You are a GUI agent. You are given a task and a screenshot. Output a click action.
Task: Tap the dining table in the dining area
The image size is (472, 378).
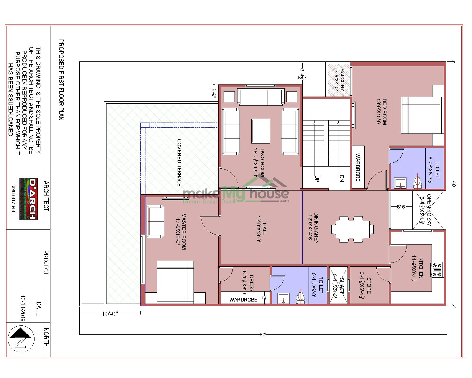coord(350,229)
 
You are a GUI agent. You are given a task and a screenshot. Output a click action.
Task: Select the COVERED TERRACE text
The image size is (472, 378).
coord(179,163)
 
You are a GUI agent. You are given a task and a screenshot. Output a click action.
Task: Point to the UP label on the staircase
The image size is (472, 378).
coord(317,178)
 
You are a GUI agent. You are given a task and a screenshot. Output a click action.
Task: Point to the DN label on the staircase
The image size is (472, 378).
coord(342,178)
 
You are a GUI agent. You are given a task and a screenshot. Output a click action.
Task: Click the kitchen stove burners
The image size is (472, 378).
coord(437,270)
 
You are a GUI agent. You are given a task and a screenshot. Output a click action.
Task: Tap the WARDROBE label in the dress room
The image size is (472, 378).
coord(243,300)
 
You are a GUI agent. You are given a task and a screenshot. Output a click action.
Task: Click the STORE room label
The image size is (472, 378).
coord(368,285)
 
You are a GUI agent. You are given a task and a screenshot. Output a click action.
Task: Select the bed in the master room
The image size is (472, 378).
coord(175,282)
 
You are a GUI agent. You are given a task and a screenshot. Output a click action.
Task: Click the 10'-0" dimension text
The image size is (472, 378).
coord(110,314)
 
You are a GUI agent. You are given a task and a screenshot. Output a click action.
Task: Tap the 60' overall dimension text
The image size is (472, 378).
coord(263,335)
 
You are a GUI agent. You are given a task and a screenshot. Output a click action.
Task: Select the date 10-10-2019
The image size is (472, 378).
coord(23,308)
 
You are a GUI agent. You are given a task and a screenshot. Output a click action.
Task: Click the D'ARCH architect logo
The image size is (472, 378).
coord(29,198)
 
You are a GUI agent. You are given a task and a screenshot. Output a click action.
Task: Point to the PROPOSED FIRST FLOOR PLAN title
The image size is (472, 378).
coord(61,80)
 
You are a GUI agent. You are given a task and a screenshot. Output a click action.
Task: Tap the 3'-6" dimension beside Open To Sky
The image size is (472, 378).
coord(401,207)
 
